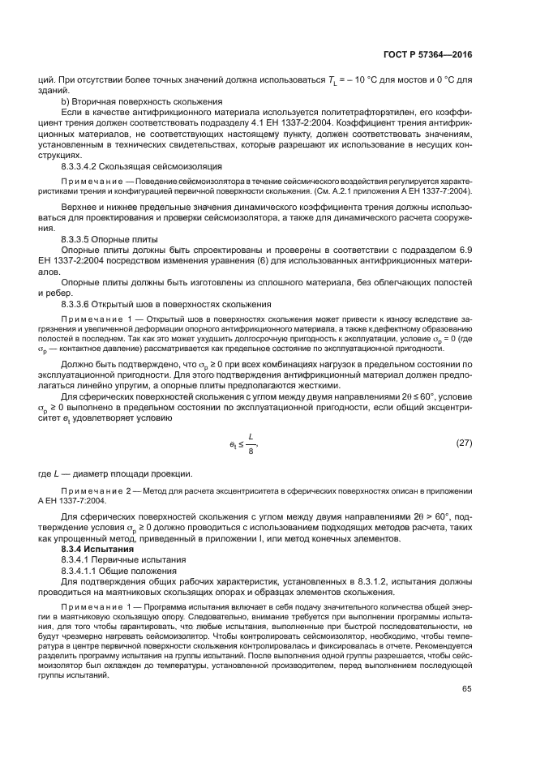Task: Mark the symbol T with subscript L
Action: (332, 80)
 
